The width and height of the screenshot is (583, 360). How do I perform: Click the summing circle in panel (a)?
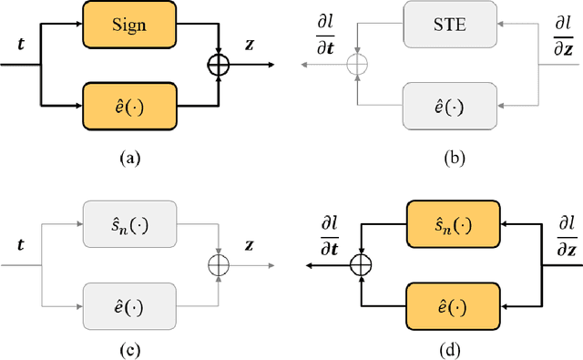click(220, 65)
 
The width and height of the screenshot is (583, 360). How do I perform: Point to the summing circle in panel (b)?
click(362, 65)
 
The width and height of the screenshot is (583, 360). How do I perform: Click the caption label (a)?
click(131, 157)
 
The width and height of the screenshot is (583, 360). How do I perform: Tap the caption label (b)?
click(453, 157)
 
